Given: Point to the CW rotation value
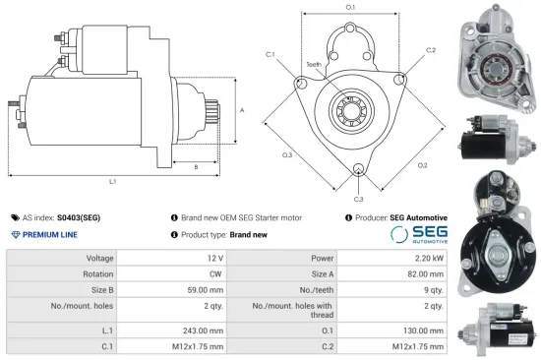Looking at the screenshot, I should click(214, 275).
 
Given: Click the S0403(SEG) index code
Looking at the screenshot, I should click(79, 217).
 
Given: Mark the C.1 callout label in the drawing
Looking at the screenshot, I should click(271, 54).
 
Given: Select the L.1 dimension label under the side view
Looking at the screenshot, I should click(112, 183).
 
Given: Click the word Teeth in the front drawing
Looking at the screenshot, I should click(313, 64).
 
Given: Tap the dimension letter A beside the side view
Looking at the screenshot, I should click(242, 111).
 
